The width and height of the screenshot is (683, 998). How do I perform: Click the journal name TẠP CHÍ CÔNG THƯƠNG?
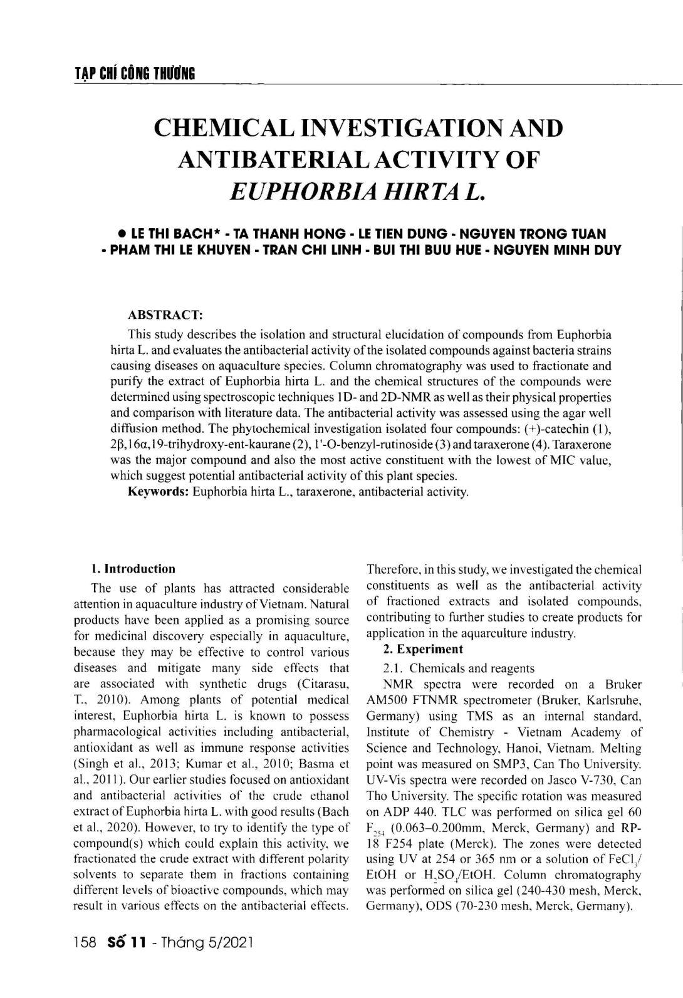coord(134,74)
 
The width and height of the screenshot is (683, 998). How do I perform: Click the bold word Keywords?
coord(159,492)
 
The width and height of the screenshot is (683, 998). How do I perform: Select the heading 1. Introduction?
coord(133,569)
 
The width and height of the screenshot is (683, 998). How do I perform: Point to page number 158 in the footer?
coord(84,959)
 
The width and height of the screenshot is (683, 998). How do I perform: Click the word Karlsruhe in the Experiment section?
coord(615,700)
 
